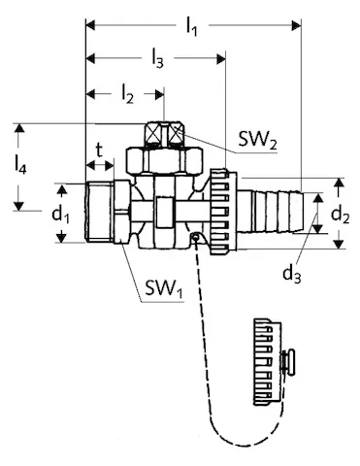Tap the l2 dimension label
pos(127,95)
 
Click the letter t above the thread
pos(99,150)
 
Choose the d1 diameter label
pos(61,215)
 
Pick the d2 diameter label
pos(340,215)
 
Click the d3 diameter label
pos(292,275)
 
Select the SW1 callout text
pos(164,288)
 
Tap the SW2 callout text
pos(258,140)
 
